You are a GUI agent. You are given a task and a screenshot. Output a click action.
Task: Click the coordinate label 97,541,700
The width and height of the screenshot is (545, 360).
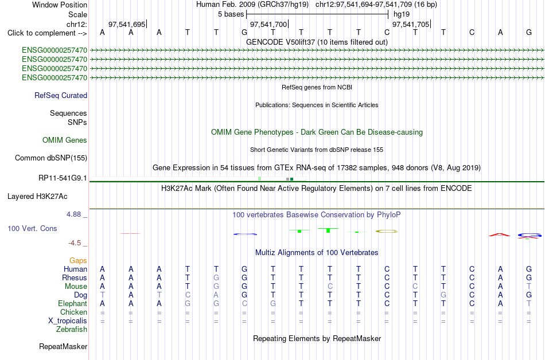[268, 24]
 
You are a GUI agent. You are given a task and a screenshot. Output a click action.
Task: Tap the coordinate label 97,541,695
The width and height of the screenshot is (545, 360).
[127, 24]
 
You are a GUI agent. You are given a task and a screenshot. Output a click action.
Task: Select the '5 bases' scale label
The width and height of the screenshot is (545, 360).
[231, 14]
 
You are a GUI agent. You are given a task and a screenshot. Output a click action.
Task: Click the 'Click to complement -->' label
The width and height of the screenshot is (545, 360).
[47, 33]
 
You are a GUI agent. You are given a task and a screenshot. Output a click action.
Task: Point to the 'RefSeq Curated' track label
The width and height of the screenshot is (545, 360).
[61, 96]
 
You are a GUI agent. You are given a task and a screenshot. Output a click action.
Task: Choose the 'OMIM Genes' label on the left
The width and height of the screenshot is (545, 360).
[65, 140]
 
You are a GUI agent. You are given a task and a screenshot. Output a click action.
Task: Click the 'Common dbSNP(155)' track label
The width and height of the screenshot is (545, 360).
[51, 158]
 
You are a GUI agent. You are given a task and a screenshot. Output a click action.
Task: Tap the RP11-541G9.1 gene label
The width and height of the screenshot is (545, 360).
[63, 178]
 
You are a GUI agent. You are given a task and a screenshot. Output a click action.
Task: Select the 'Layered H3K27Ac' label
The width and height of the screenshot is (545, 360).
[37, 197]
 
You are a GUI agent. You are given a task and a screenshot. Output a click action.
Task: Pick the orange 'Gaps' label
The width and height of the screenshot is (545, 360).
[78, 261]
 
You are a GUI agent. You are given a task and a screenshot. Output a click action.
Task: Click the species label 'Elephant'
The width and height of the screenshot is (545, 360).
[73, 304]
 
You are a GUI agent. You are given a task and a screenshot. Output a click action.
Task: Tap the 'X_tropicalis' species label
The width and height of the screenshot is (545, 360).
[68, 321]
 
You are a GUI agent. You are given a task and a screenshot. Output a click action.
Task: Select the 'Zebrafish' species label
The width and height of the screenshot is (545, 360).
[72, 330]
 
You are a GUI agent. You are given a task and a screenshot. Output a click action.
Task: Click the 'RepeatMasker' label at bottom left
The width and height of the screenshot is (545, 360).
[63, 346]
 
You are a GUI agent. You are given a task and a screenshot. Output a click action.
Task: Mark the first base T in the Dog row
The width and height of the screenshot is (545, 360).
[102, 295]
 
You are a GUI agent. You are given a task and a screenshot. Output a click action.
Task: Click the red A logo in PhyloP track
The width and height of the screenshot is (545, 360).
[500, 235]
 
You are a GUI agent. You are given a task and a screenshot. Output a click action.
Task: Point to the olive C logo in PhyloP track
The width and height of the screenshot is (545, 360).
[387, 231]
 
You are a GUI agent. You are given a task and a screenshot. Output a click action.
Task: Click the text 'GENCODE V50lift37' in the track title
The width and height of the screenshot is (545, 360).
[281, 42]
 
